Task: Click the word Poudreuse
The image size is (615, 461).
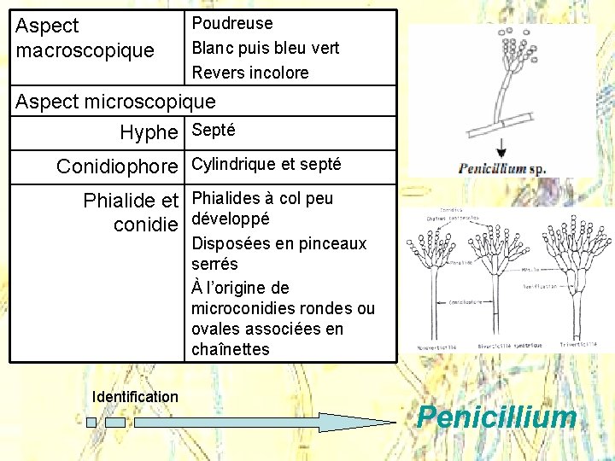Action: pyautogui.click(x=232, y=24)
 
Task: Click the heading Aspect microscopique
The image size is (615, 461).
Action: pyautogui.click(x=116, y=102)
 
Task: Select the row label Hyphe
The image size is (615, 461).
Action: pyautogui.click(x=149, y=132)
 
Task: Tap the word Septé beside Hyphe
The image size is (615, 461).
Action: pyautogui.click(x=214, y=131)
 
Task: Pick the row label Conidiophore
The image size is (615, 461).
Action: pyautogui.click(x=118, y=166)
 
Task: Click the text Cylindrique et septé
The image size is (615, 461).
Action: pyautogui.click(x=266, y=164)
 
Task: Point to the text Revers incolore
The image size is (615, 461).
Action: pyautogui.click(x=250, y=73)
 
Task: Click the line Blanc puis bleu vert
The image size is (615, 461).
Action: pyautogui.click(x=266, y=49)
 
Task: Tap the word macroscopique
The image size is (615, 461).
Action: pyautogui.click(x=85, y=50)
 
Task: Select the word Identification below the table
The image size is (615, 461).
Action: pyautogui.click(x=135, y=396)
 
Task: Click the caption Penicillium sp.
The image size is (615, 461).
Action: pyautogui.click(x=502, y=168)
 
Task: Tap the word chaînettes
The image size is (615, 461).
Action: pyautogui.click(x=231, y=349)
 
